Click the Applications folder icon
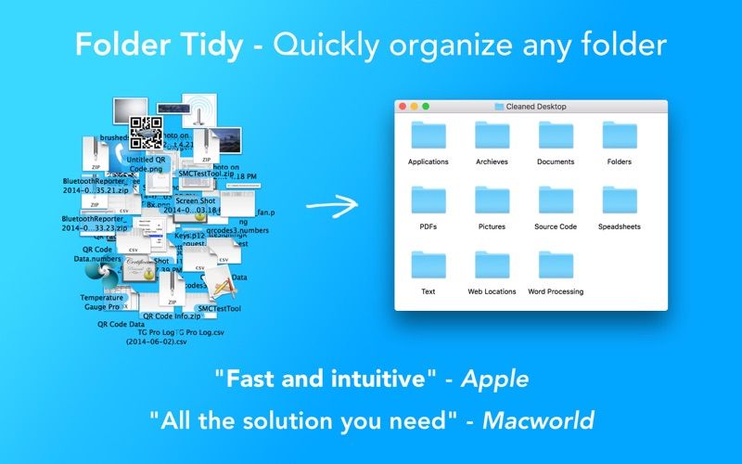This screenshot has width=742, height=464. tap(429, 135)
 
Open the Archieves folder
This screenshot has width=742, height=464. tap(492, 135)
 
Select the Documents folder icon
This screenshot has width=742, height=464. tap(556, 135)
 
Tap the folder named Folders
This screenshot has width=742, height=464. tap(619, 135)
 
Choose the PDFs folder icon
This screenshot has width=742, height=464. tap(429, 200)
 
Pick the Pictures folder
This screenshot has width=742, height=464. tap(492, 200)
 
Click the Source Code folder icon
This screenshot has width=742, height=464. tap(556, 200)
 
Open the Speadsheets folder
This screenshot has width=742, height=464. tap(619, 200)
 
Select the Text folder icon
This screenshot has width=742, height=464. tap(429, 265)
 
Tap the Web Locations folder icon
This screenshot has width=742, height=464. tap(492, 265)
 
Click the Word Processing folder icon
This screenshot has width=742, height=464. tap(556, 265)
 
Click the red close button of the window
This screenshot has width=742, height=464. tap(403, 107)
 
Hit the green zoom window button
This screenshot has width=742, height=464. tap(425, 107)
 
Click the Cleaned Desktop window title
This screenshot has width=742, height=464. tap(536, 107)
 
